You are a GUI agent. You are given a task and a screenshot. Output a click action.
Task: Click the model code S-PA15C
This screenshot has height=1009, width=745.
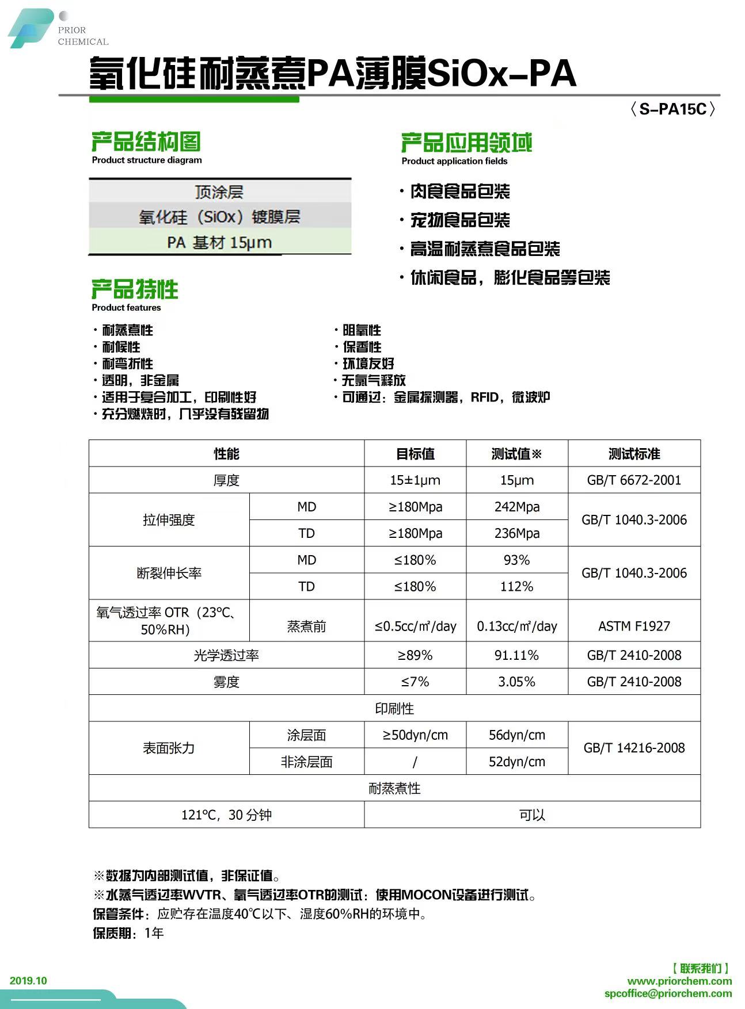pos(672,109)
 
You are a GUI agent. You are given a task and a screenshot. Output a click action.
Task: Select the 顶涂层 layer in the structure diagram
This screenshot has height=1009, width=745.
pos(219,192)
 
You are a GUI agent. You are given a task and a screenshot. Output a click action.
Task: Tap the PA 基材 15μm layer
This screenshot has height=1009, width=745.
pos(219,242)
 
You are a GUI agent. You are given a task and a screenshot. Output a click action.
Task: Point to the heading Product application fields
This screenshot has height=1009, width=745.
pos(454,161)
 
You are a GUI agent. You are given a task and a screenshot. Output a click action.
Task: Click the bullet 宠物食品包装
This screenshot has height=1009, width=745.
pos(459,220)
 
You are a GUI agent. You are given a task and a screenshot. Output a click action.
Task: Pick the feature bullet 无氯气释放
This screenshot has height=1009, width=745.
pos(374,380)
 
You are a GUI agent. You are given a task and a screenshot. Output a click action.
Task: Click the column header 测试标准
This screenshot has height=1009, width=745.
pos(634,454)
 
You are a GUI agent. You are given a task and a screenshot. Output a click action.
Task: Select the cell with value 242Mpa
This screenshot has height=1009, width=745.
pos(517,507)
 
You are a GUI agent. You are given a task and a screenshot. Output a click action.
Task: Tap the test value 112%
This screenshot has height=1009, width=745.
pos(517,586)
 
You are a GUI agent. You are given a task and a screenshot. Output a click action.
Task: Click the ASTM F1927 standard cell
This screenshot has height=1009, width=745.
pos(634,626)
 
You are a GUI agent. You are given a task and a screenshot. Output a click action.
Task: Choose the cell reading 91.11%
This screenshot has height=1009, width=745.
pos(517,655)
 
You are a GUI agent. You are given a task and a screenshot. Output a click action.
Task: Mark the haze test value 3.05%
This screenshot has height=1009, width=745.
pos(517,682)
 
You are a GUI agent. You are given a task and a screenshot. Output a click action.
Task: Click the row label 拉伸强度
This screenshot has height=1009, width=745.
pos(169,520)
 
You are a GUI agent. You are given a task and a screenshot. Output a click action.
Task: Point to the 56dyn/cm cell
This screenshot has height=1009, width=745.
pos(517,735)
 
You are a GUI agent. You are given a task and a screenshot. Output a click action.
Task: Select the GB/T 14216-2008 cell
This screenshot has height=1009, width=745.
pos(634,748)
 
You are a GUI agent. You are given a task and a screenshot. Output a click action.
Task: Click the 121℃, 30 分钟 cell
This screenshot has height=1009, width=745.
pos(226,815)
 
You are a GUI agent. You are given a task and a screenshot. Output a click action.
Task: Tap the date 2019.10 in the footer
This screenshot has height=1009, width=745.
pos(28,981)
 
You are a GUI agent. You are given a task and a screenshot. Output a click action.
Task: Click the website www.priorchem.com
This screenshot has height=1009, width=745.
pos(679,981)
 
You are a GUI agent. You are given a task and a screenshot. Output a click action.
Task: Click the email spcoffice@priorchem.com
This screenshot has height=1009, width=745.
pos(668,993)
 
